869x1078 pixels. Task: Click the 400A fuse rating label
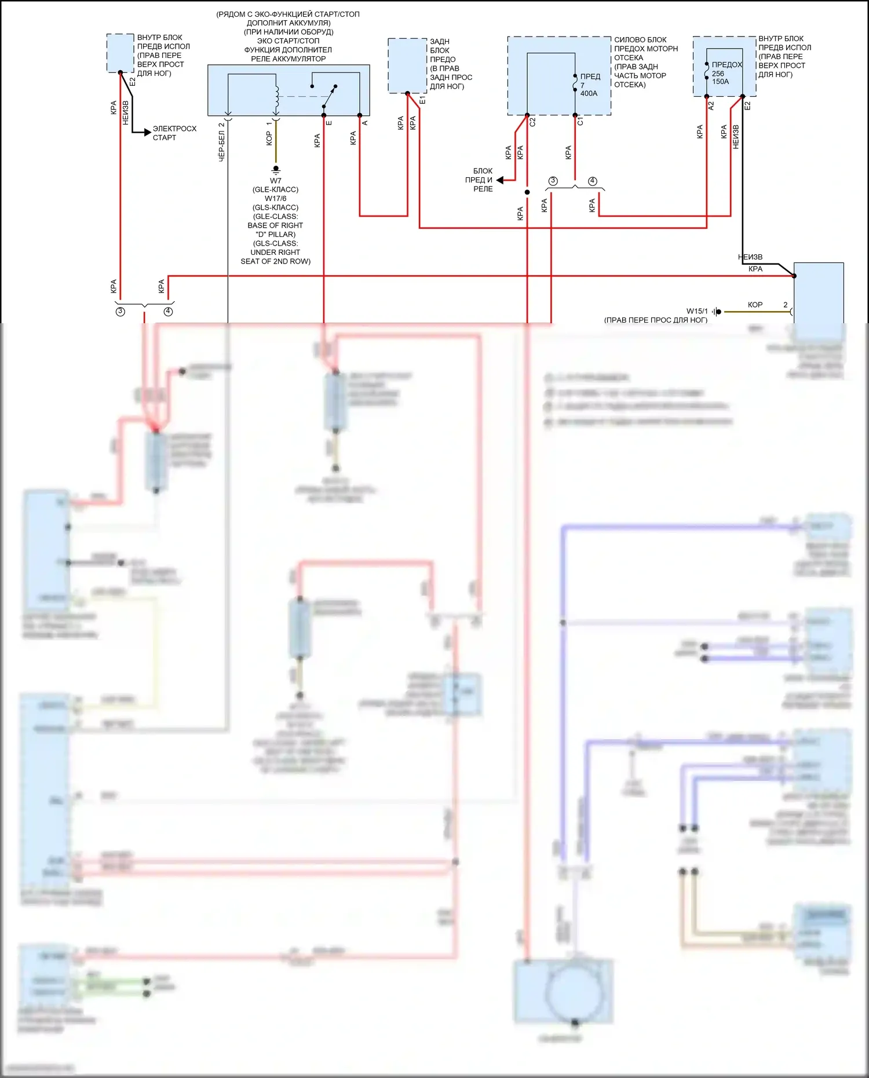point(589,93)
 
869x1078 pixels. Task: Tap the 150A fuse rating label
point(720,82)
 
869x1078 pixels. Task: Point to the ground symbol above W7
point(276,169)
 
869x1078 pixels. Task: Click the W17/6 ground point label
point(275,199)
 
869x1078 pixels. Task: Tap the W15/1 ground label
point(697,311)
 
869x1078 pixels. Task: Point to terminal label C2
point(532,122)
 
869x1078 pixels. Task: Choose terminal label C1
point(580,122)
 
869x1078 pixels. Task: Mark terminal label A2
point(711,105)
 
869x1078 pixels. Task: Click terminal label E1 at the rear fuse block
point(422,101)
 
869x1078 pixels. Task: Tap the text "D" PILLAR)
point(275,235)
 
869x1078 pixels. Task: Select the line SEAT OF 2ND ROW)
point(275,261)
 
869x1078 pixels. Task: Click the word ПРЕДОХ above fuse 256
point(726,65)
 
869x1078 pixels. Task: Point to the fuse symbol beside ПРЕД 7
point(575,85)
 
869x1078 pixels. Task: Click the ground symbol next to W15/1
point(717,312)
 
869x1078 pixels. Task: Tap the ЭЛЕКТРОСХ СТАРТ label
point(174,133)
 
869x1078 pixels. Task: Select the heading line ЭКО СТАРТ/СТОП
point(288,41)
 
